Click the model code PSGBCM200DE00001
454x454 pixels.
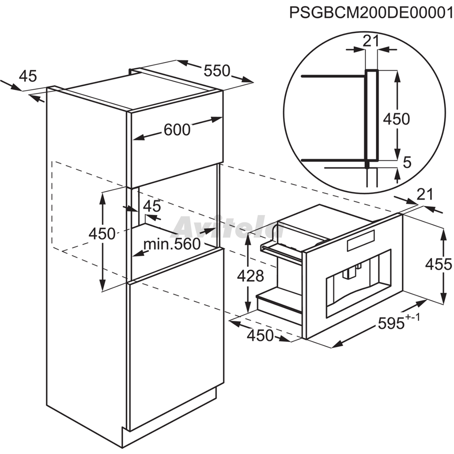tap(371, 13)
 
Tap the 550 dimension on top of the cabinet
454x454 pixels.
tap(217, 71)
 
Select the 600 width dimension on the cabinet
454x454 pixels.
tap(177, 129)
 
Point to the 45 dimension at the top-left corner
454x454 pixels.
tap(28, 76)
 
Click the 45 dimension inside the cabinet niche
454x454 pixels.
tap(152, 206)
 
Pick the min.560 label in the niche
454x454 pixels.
tap(172, 244)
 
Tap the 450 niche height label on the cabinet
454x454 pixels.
tap(102, 233)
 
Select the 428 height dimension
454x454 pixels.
tap(251, 276)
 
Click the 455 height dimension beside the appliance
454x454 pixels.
tap(438, 264)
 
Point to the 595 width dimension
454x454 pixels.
tap(391, 323)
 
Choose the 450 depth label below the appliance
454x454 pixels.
tap(260, 335)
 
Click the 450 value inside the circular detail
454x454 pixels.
tap(397, 119)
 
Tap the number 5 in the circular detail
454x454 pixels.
tap(407, 163)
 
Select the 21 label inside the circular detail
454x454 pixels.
tap(371, 41)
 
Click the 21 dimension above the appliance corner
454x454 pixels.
tap(425, 194)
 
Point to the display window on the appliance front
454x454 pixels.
tap(361, 240)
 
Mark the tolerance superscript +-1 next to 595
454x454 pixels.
tap(413, 317)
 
